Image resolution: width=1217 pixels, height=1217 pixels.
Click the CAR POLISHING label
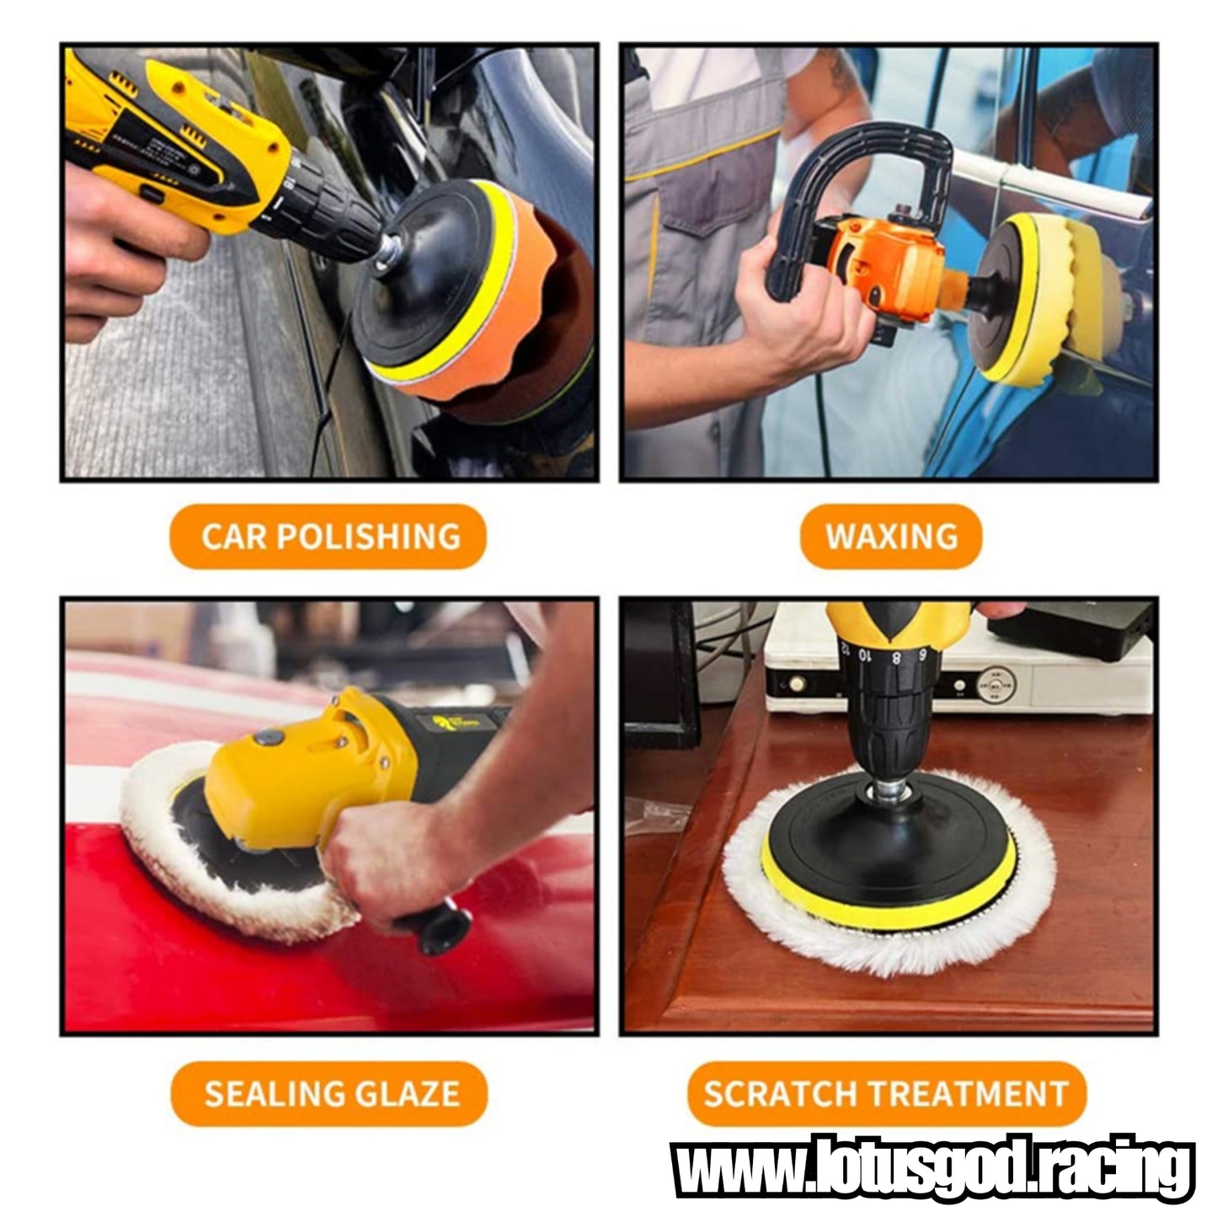pyautogui.click(x=328, y=536)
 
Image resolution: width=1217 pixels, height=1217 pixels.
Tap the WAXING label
pyautogui.click(x=890, y=536)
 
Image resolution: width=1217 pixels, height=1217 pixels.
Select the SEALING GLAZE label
pyautogui.click(x=329, y=1093)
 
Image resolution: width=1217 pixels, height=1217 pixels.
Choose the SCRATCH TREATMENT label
pyautogui.click(x=886, y=1093)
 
